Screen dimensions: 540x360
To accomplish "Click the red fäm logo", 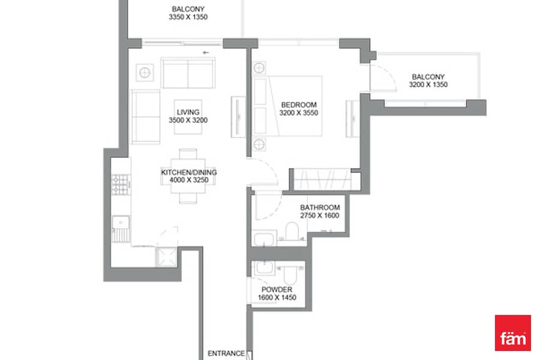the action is (x=513, y=333).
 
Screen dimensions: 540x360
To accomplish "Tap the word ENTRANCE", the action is (x=226, y=353).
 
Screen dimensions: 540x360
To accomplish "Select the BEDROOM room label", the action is (x=299, y=105).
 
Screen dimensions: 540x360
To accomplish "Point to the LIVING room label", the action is (x=188, y=112).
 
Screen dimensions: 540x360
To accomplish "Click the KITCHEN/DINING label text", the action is (x=189, y=172).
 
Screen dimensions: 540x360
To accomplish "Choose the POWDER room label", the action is (x=277, y=290).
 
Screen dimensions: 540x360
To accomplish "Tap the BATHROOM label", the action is (x=320, y=208).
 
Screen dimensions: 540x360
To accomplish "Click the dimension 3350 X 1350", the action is (x=188, y=17).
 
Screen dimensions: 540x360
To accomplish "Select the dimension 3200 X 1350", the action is (x=428, y=85).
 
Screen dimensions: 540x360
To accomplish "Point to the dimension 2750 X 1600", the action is (x=320, y=215).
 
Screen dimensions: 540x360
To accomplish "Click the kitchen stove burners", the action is (x=121, y=185).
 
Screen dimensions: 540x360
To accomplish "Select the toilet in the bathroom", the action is (x=292, y=231).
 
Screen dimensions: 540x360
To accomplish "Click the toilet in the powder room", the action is (x=290, y=274).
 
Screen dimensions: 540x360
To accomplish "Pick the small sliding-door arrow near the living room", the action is (x=206, y=53).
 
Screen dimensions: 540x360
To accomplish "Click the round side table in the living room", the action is (x=145, y=73).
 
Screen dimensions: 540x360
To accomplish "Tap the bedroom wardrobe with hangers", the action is (x=322, y=179).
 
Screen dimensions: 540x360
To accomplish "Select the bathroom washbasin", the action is (x=264, y=239).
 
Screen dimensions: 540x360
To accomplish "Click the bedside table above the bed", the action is (x=259, y=68).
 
